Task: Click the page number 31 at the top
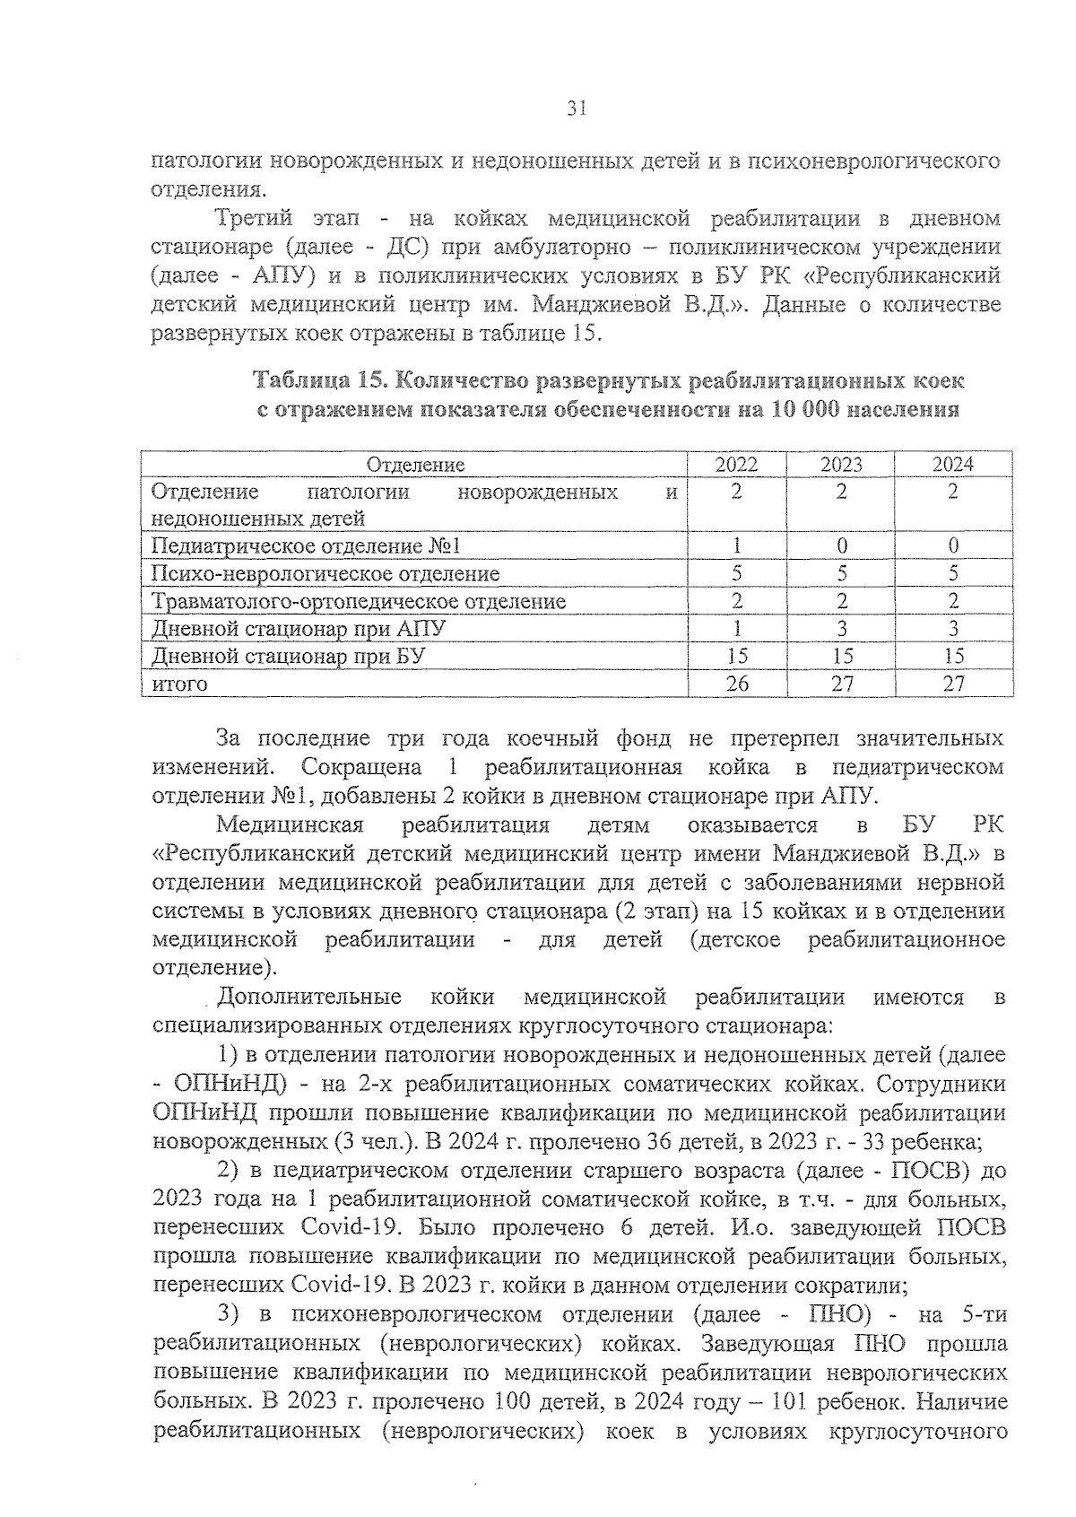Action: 577,109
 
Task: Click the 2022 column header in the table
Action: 736,465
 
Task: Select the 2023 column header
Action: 841,465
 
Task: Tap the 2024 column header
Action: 953,465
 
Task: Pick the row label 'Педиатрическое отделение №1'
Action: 306,546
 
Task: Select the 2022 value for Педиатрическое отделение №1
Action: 736,546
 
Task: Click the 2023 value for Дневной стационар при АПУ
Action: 841,629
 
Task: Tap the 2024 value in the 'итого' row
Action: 953,684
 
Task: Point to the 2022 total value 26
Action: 736,684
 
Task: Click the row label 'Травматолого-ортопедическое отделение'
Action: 359,601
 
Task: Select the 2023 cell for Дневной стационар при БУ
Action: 841,656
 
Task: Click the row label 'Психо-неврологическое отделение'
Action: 325,574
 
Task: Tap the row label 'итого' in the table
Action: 179,684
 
